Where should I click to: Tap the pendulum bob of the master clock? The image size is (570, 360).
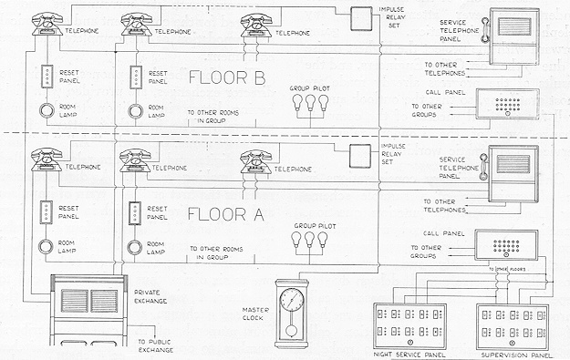tap(291, 331)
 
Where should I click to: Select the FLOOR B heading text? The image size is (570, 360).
tap(227, 77)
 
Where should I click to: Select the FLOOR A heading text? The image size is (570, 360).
tap(226, 214)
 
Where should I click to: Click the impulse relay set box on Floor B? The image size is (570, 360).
tap(361, 18)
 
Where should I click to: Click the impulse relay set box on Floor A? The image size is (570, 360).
tap(360, 156)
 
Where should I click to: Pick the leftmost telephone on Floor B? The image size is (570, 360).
tap(47, 24)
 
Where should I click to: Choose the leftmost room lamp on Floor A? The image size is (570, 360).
tap(47, 247)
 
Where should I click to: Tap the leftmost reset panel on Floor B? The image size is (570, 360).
tap(47, 77)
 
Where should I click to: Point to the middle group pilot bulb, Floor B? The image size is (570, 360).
tap(310, 102)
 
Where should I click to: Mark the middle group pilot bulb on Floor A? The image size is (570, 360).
tap(309, 240)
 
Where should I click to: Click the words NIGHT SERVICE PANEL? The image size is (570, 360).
tap(409, 355)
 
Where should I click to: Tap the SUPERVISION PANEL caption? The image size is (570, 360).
tap(516, 355)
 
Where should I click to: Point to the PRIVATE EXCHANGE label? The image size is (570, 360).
tap(150, 297)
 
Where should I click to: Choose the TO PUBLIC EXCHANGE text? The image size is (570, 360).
tap(156, 345)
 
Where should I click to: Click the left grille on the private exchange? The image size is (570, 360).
tap(75, 301)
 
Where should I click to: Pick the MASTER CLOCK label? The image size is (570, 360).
tap(256, 314)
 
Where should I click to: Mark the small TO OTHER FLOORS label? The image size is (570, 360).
tap(507, 270)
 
